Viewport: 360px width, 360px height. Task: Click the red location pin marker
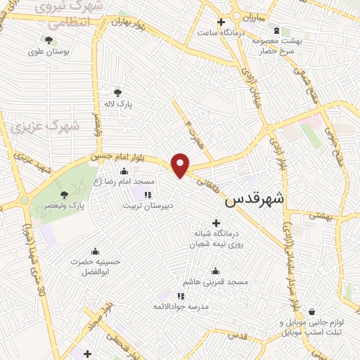point(181,165)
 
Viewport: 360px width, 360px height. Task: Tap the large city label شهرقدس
point(254,200)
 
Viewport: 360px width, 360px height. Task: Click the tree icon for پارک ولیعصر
point(65,195)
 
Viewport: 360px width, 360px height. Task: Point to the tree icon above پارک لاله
point(117,92)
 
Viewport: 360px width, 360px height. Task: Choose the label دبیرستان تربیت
point(149,207)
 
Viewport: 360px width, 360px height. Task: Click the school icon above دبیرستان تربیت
point(148,195)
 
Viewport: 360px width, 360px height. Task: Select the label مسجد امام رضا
point(125,182)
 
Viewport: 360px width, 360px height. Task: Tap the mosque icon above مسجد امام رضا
point(124,171)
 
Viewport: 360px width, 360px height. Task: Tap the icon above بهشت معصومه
point(276,30)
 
